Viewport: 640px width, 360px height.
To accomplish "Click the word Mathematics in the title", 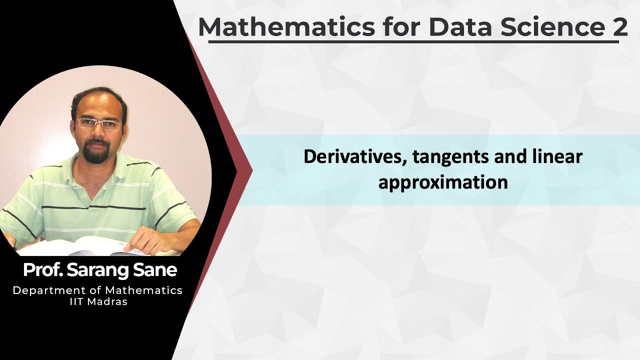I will [286, 27].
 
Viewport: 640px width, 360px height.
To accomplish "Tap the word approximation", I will [443, 182].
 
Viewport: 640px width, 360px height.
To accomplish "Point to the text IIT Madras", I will [98, 301].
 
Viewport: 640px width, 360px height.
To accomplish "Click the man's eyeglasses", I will [99, 124].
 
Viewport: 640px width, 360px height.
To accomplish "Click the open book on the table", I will [80, 246].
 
